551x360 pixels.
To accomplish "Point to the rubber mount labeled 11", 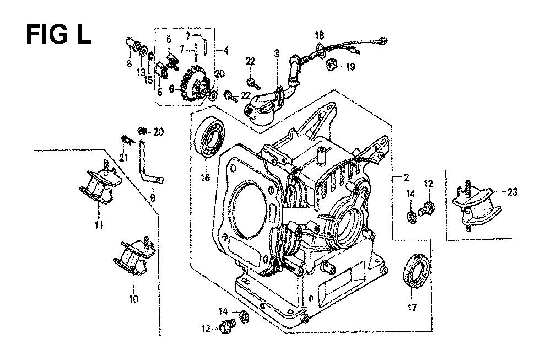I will point(98,186).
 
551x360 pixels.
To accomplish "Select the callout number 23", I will point(512,192).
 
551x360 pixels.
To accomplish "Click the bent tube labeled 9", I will point(150,165).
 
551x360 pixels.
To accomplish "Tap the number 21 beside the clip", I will point(123,159).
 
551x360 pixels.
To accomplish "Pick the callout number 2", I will point(407,177).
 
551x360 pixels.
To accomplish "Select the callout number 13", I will point(141,72).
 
